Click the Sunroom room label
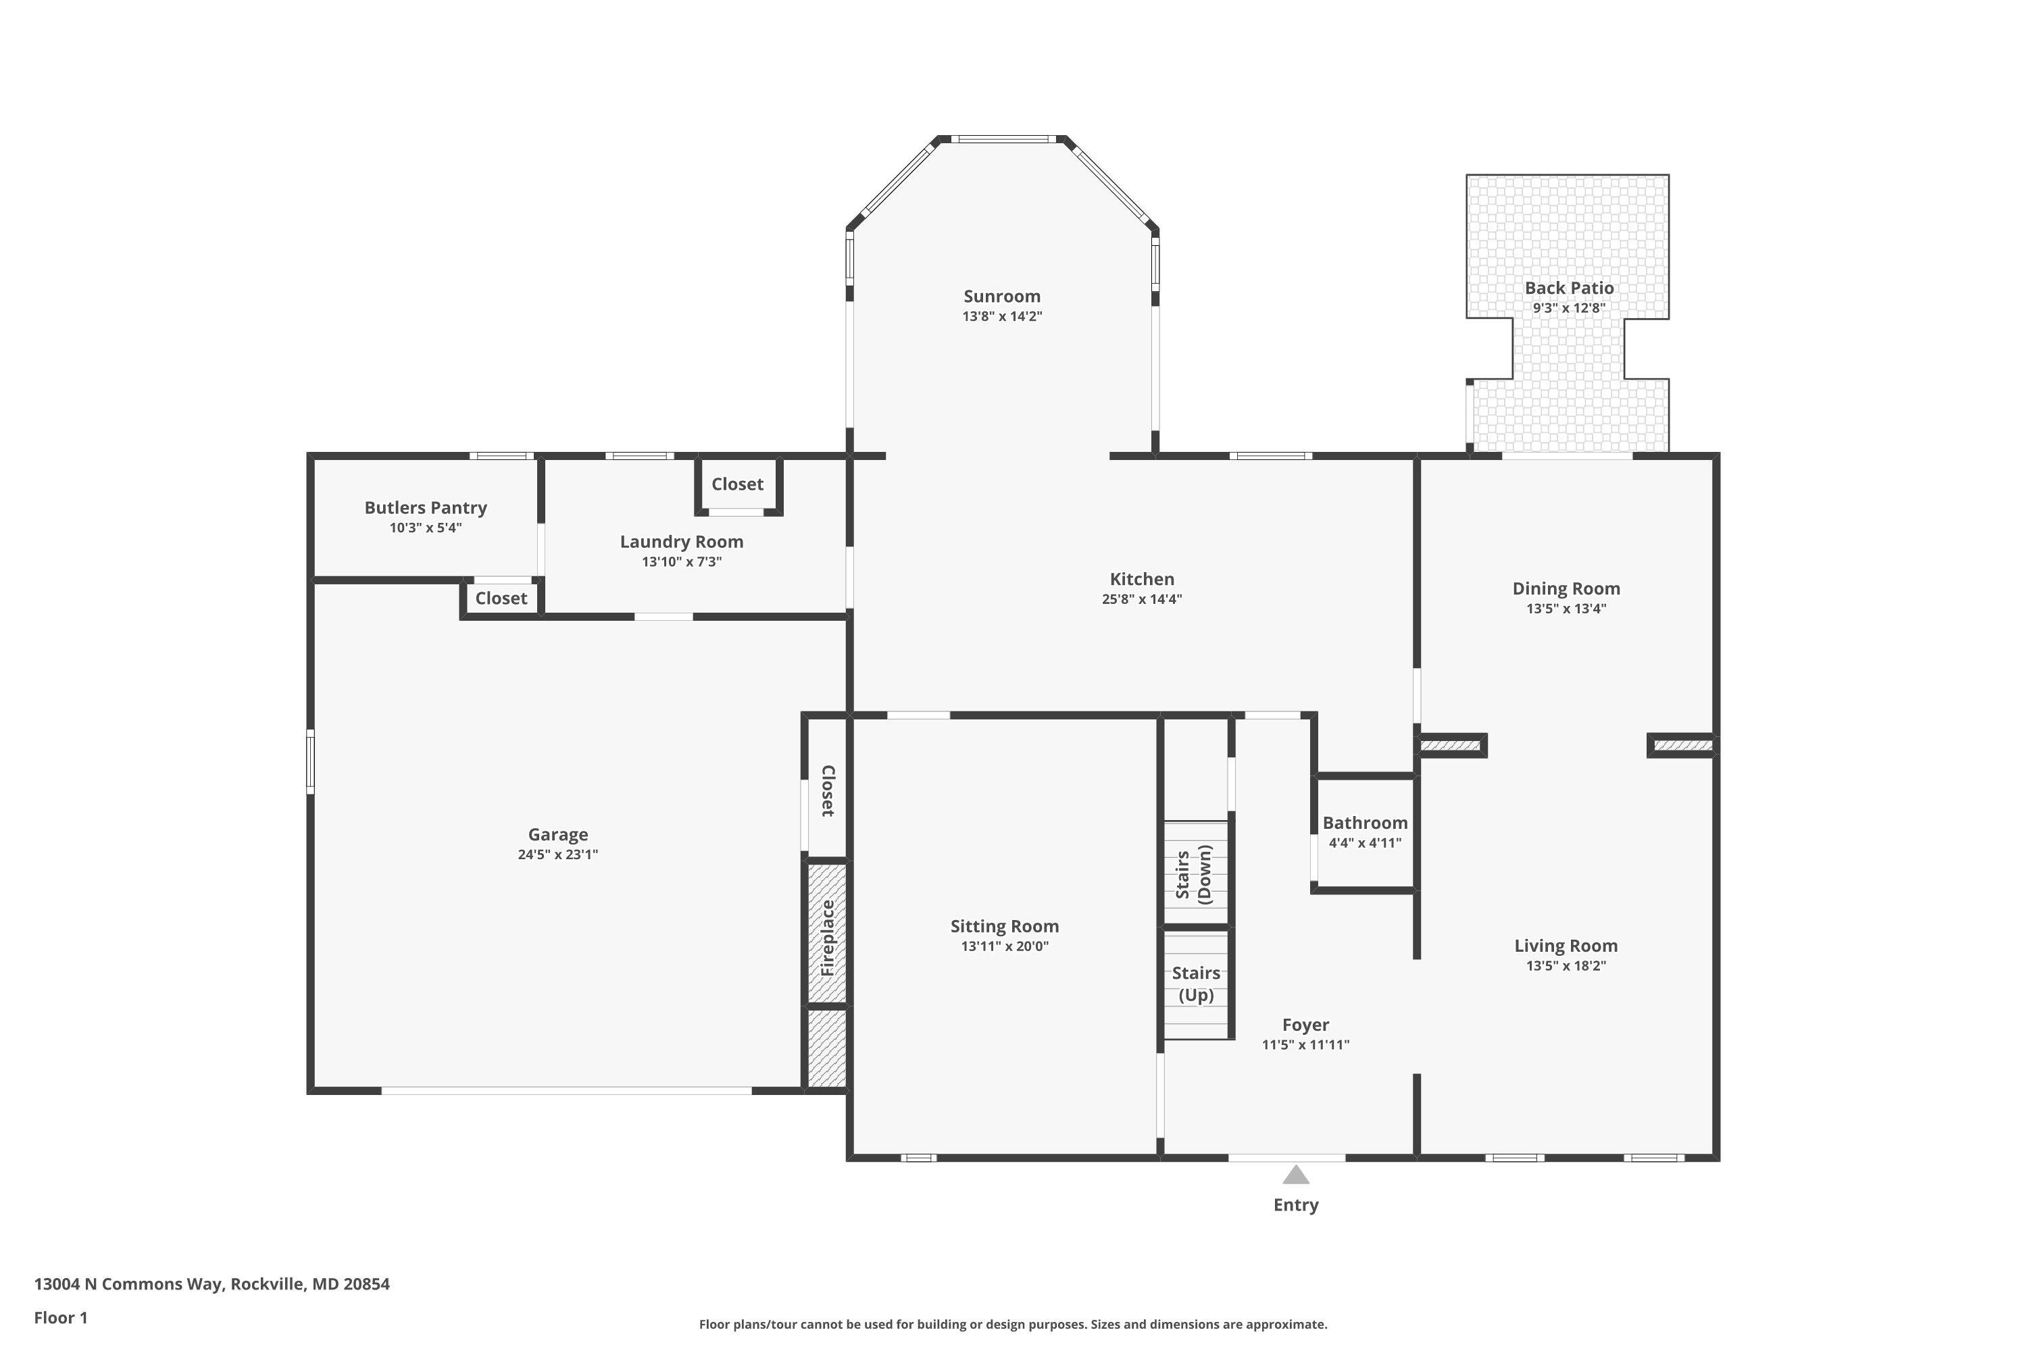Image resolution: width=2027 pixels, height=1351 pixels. coord(1001,297)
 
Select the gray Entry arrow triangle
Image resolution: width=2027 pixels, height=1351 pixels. coord(1295,1175)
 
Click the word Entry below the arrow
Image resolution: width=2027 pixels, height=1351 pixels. coord(1295,1205)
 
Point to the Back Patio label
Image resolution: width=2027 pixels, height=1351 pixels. coord(1568,288)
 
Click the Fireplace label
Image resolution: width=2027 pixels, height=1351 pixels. coord(827,938)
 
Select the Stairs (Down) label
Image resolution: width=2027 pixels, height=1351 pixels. coord(1194,875)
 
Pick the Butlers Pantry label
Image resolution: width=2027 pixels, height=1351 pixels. coord(425,507)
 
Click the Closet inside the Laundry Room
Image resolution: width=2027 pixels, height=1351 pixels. coord(737,484)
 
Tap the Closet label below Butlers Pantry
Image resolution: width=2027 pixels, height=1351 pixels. coord(501,598)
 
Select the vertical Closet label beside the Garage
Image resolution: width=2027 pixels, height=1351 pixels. coord(827,791)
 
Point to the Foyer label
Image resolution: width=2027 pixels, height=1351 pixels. coord(1305,1025)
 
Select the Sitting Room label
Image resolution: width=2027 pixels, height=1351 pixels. coord(1004,926)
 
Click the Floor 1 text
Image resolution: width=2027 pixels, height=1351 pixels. coord(60,1317)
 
